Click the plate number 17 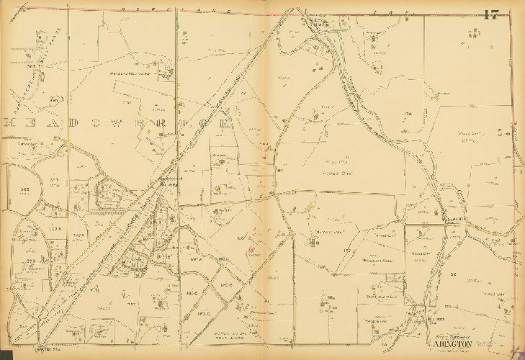tap(492, 15)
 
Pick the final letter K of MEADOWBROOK tap(228, 123)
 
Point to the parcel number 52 tap(454, 274)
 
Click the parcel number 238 tap(165, 256)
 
